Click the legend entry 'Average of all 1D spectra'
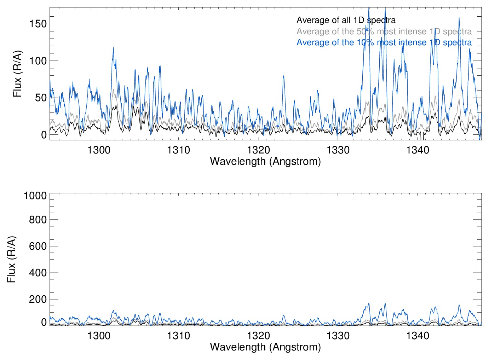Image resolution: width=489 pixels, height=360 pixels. point(346,20)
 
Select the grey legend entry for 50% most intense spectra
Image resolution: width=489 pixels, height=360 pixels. point(384,31)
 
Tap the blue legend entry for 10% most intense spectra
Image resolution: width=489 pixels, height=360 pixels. point(384,42)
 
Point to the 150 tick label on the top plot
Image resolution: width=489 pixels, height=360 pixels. point(38,24)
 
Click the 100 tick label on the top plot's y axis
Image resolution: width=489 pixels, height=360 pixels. point(38,61)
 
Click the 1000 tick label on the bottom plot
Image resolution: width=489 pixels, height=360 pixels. point(35,196)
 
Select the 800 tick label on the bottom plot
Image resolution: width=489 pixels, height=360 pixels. point(38,220)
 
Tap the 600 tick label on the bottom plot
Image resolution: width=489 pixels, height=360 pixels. point(38,246)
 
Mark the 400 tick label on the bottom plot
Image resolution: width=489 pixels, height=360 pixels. point(38,273)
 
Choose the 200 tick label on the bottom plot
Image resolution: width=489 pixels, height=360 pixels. point(38,299)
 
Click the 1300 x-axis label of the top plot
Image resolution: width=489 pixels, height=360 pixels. point(99,150)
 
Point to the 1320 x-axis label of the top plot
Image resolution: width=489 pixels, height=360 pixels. point(258,150)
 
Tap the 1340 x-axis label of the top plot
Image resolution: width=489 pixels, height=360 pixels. point(418,150)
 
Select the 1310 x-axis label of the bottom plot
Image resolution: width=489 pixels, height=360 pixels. point(178,336)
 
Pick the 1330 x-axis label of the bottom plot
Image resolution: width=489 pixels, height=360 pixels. point(338,336)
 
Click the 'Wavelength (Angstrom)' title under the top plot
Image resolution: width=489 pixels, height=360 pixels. point(265,161)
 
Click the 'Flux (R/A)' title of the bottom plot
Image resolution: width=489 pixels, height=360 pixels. point(11,259)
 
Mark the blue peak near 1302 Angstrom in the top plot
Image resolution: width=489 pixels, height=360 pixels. point(113,48)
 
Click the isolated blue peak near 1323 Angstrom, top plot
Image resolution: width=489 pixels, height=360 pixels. point(283,76)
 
